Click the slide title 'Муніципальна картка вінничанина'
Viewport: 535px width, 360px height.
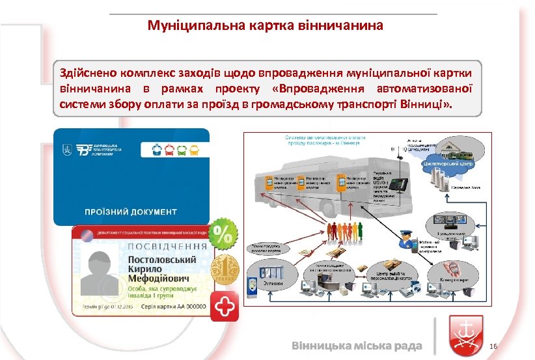click(x=266, y=26)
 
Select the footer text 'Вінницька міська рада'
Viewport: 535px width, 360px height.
click(x=357, y=345)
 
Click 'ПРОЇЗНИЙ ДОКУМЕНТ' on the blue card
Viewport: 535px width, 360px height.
click(x=130, y=212)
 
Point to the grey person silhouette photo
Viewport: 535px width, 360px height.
click(x=102, y=271)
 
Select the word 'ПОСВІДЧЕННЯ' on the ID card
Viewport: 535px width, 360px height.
click(x=168, y=246)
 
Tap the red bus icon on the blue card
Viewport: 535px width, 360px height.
click(x=168, y=150)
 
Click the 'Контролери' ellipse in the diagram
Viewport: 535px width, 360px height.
click(x=452, y=272)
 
